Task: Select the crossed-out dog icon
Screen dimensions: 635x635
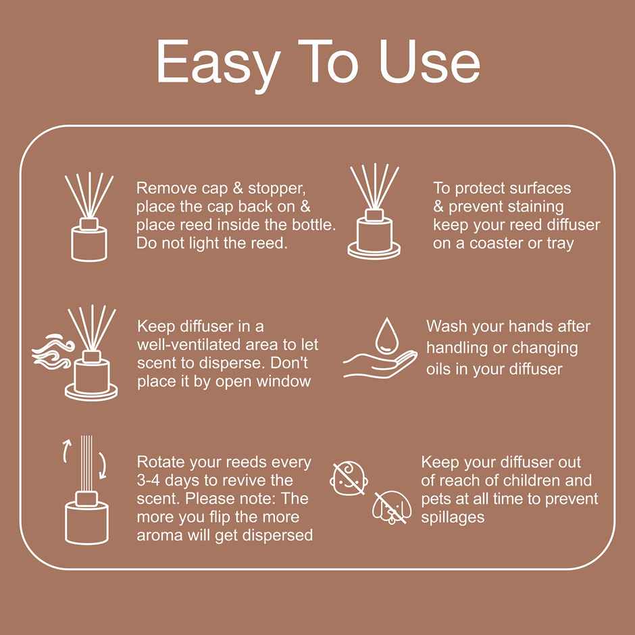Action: [x=390, y=508]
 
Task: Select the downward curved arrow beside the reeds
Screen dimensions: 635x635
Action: [x=103, y=464]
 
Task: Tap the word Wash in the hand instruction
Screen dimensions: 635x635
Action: [x=447, y=327]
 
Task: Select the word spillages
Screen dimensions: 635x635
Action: [x=453, y=517]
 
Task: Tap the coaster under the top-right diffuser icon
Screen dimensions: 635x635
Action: [x=374, y=251]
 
